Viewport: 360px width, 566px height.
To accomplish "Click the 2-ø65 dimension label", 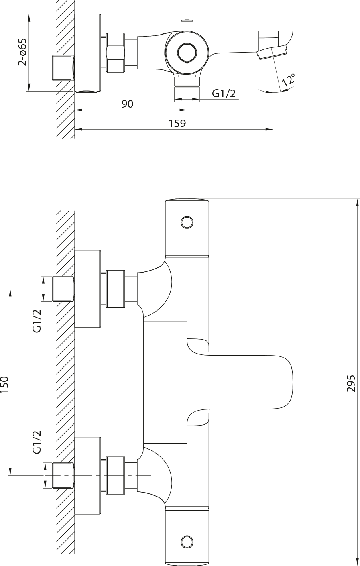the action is (22, 52).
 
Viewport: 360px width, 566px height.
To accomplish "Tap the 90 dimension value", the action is (127, 104).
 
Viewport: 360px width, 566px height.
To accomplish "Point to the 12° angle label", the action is (288, 79).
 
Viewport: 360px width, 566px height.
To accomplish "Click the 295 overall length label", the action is (351, 383).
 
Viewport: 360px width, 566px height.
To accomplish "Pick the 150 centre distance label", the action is (4, 384).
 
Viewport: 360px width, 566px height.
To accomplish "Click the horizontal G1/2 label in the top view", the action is (224, 94).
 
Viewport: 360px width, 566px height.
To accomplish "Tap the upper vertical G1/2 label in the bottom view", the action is (37, 321).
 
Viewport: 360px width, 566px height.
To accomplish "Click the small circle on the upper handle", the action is (187, 222).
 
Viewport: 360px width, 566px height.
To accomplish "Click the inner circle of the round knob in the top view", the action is (187, 53).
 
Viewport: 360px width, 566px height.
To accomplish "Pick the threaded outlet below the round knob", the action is (187, 81).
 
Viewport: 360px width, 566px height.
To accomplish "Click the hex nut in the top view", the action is (116, 53).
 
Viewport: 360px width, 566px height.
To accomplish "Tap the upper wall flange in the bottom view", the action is (88, 289).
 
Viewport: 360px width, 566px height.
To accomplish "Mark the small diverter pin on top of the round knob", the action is (187, 25).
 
